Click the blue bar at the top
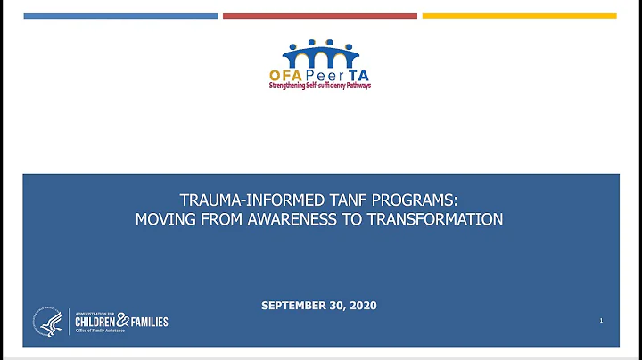tap(120, 15)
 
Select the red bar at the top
tap(319, 15)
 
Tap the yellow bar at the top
tap(519, 15)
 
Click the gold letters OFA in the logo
tap(287, 75)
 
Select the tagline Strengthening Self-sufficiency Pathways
tap(320, 86)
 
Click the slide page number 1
tap(602, 319)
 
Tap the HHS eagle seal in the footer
tap(46, 322)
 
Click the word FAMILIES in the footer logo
tap(148, 322)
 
